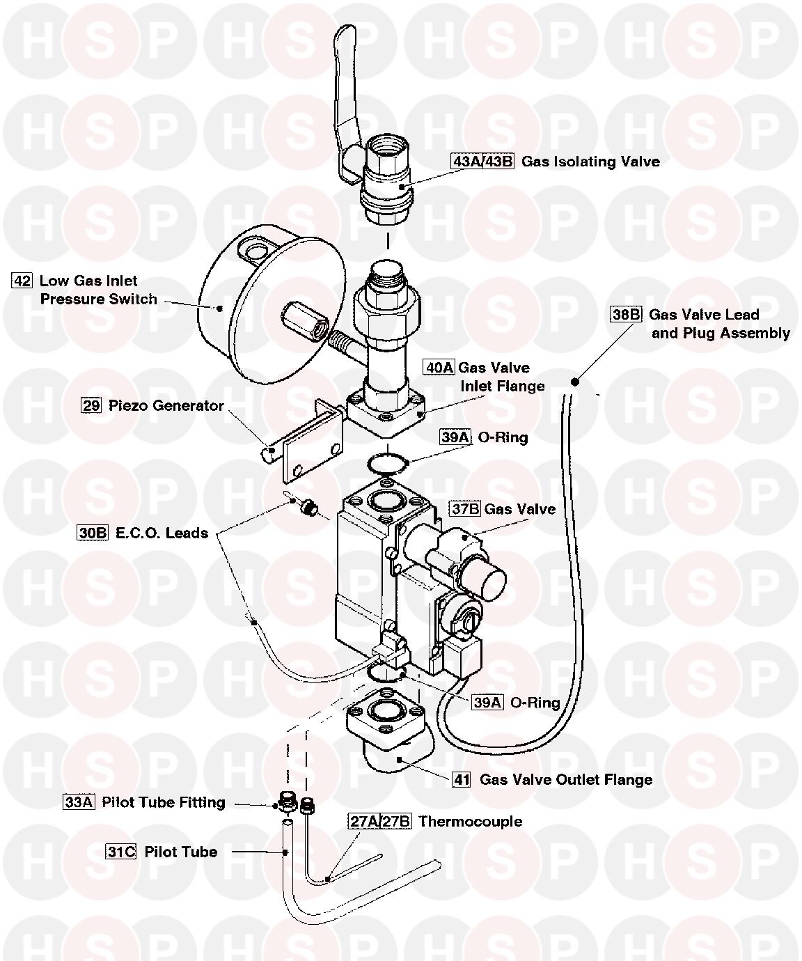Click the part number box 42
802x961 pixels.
tap(22, 281)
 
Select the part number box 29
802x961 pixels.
tap(91, 405)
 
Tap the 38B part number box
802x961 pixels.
tap(626, 314)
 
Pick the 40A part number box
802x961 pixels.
tap(439, 367)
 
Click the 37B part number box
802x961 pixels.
tap(465, 508)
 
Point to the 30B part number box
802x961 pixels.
tap(93, 533)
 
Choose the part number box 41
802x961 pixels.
tap(462, 779)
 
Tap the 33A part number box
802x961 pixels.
tap(79, 802)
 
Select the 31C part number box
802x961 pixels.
tap(120, 852)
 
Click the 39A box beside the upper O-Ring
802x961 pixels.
tap(455, 437)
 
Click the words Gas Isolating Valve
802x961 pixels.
tap(590, 162)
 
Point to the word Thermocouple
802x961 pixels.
tap(471, 821)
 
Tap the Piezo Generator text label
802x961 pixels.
tap(166, 405)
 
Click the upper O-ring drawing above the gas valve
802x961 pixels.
tap(384, 462)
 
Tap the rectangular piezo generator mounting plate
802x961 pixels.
tap(313, 446)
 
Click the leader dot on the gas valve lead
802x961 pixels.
tap(575, 381)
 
